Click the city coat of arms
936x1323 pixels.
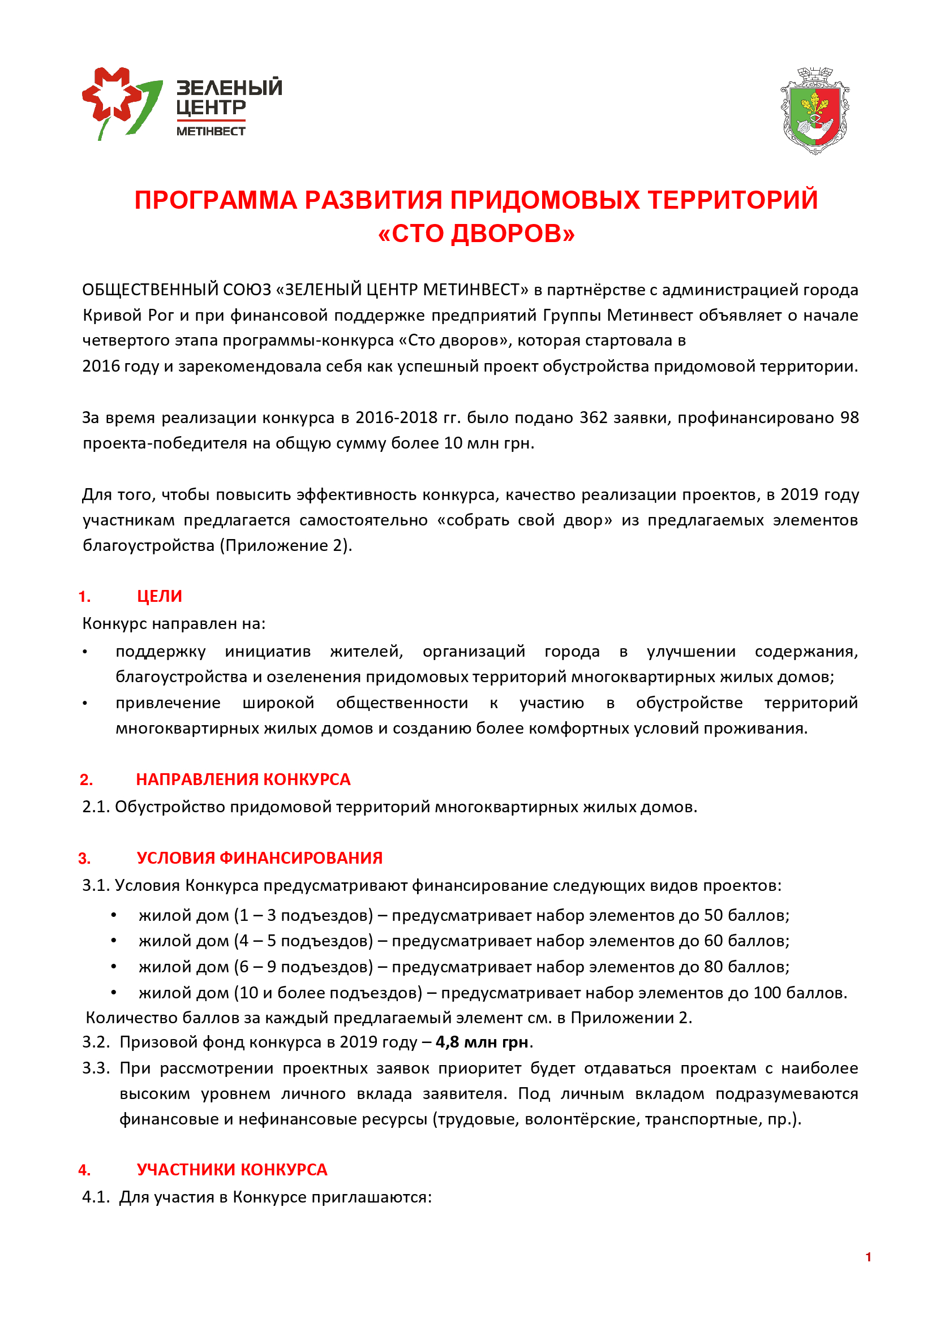click(815, 111)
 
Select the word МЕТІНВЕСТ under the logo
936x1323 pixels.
click(211, 131)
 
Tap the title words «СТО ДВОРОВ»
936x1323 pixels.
click(476, 234)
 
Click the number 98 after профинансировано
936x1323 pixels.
click(849, 417)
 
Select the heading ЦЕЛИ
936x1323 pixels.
click(159, 596)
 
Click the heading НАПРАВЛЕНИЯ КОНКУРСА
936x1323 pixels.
click(243, 779)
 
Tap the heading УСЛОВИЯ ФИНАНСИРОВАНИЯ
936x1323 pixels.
click(259, 857)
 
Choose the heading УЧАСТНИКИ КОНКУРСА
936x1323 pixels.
click(231, 1169)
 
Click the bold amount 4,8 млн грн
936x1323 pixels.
click(482, 1042)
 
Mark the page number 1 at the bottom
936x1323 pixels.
click(868, 1257)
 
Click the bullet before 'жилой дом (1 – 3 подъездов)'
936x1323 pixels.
click(114, 915)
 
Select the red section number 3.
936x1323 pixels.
click(85, 859)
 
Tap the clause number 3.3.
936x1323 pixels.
click(96, 1068)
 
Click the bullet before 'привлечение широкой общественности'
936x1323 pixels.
click(85, 703)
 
